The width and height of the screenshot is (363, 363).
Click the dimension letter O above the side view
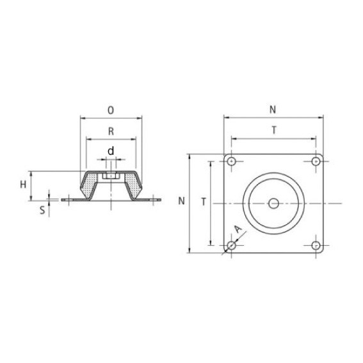click(x=111, y=110)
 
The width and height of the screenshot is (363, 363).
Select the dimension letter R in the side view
click(x=111, y=131)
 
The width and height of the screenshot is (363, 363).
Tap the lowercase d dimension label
click(x=111, y=152)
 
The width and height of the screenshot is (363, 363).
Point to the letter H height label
click(x=24, y=184)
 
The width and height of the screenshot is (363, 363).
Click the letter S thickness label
click(x=42, y=209)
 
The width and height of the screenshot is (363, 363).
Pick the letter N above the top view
click(x=273, y=110)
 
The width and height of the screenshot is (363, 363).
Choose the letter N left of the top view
click(x=182, y=201)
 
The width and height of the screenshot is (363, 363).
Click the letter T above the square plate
click(x=273, y=130)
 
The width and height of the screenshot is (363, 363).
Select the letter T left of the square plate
click(x=203, y=202)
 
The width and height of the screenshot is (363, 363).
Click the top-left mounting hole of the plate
click(x=231, y=161)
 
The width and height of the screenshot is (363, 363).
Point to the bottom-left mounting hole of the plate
click(x=231, y=245)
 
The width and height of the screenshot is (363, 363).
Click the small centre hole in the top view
click(x=273, y=204)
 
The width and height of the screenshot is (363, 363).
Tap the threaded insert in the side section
click(x=111, y=175)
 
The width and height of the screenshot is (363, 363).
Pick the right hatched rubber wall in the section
click(x=135, y=186)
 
